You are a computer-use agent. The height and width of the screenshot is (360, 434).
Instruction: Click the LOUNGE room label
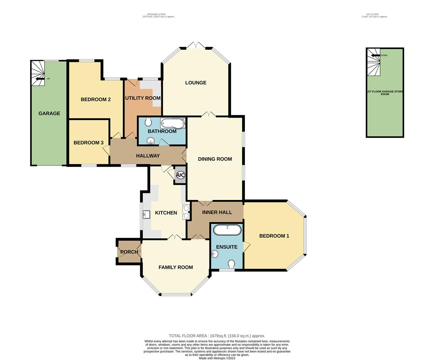(196, 83)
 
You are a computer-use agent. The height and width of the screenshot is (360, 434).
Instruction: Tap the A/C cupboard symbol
(180, 175)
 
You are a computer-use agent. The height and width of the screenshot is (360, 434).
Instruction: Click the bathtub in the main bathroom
(172, 123)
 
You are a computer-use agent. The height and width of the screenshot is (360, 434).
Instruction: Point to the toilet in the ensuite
(231, 264)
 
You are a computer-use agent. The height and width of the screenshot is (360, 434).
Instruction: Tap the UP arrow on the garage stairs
(40, 79)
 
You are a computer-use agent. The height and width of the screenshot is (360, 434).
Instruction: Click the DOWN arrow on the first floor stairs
(375, 55)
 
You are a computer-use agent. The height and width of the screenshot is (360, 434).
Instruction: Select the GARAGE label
(49, 113)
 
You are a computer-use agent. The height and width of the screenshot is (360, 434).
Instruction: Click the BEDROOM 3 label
(88, 143)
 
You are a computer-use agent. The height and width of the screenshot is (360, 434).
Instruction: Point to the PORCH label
(129, 252)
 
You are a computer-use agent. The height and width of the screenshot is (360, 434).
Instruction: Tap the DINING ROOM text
(215, 159)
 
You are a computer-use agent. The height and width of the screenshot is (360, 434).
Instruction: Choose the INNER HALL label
(217, 212)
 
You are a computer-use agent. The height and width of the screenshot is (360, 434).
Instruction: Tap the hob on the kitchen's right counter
(186, 212)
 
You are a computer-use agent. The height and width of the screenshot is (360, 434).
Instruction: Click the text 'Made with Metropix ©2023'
(217, 358)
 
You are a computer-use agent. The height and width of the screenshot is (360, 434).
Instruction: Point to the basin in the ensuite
(215, 254)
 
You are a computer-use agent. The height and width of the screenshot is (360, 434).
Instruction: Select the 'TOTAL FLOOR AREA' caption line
(217, 336)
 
